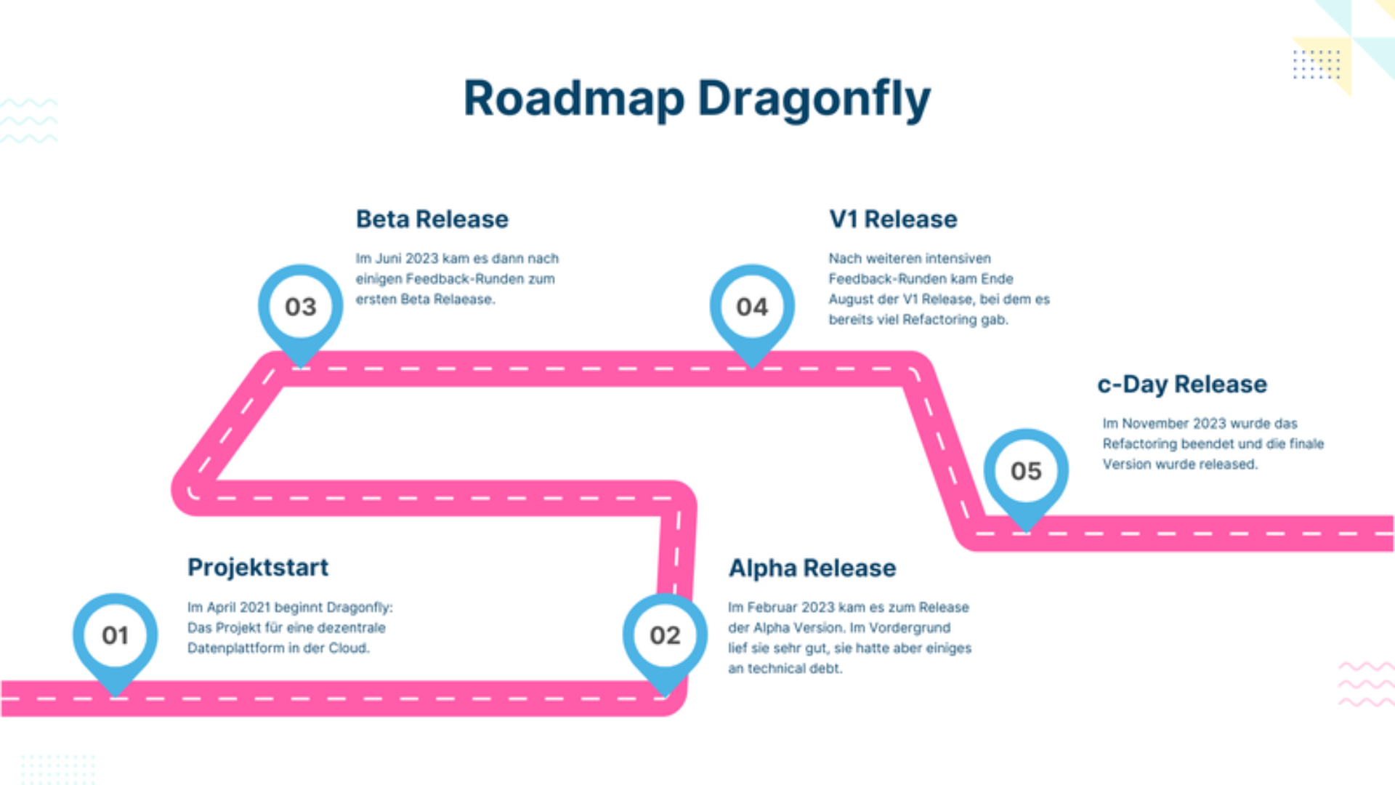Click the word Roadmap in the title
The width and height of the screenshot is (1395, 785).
pos(574,99)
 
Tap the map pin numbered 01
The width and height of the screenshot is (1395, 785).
pos(115,635)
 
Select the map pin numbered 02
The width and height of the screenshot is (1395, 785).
pos(665,635)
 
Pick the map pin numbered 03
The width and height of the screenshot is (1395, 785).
pos(300,307)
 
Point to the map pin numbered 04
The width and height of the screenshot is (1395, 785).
pos(752,307)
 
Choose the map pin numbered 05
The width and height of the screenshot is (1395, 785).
pos(1026,471)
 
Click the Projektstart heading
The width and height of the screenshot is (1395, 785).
pos(258,568)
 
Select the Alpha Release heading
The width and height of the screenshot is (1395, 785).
pos(812,568)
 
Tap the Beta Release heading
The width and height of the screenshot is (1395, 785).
pos(432,220)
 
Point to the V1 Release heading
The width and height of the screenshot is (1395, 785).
pos(893,220)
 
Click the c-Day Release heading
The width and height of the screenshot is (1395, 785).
pos(1182,385)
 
